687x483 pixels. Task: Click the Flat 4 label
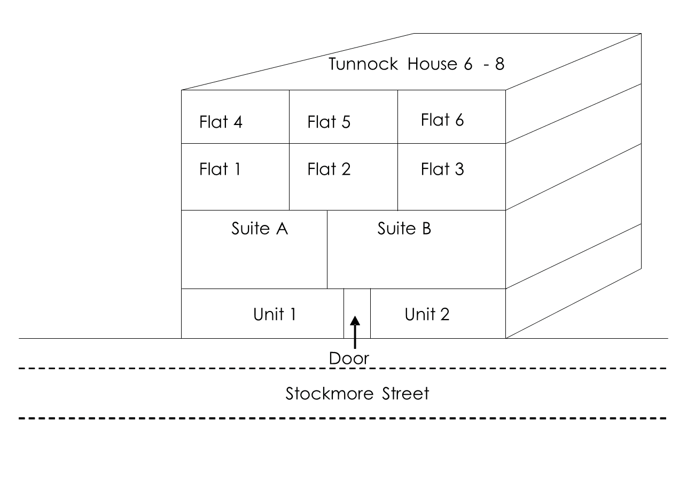click(x=221, y=122)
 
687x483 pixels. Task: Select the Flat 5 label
click(x=329, y=122)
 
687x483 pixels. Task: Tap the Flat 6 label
click(x=442, y=120)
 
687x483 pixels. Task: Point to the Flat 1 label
click(x=220, y=169)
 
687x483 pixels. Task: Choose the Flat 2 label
click(x=329, y=169)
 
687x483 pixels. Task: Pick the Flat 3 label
click(x=442, y=169)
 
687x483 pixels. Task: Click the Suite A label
click(x=260, y=229)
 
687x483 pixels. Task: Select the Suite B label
click(x=404, y=229)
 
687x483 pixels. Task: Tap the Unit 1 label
click(x=275, y=315)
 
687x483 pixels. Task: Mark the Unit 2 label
click(x=427, y=315)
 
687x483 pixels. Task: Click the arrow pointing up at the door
click(x=355, y=331)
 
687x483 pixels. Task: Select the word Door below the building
click(x=349, y=359)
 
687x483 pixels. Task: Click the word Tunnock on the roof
click(x=363, y=64)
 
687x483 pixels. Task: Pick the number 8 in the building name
click(x=499, y=65)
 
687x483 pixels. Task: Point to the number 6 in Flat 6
click(x=458, y=120)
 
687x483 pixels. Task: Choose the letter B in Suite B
click(x=425, y=229)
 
